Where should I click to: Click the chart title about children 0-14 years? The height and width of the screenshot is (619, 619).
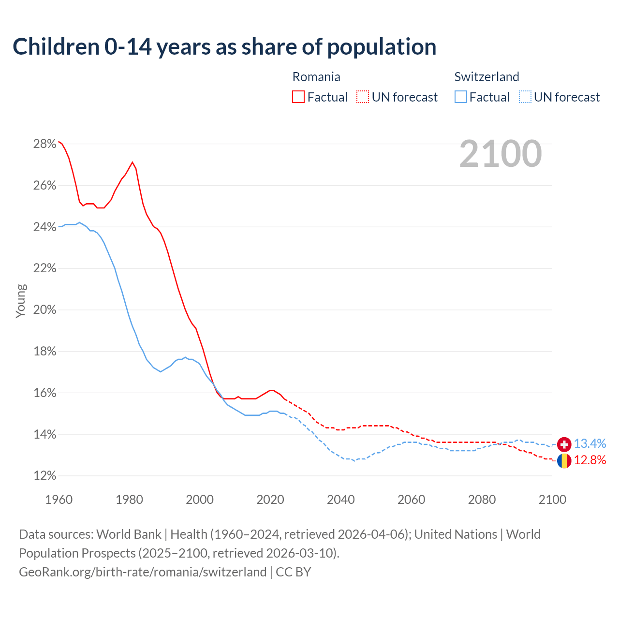click(224, 47)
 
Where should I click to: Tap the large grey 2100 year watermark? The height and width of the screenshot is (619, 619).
click(501, 154)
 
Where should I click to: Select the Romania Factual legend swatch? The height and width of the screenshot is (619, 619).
click(298, 97)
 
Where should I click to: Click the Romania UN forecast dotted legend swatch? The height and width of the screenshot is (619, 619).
click(363, 97)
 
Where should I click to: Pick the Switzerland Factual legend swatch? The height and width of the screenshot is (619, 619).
click(461, 97)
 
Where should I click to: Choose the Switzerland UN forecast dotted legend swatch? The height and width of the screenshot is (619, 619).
click(525, 97)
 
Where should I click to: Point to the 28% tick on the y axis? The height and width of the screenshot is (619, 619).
click(44, 144)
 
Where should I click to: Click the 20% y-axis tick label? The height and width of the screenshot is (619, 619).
click(44, 310)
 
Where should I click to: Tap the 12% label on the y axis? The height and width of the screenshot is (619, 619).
click(44, 476)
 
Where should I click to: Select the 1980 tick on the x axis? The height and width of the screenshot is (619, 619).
click(129, 500)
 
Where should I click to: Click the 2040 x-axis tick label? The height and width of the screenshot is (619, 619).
click(340, 500)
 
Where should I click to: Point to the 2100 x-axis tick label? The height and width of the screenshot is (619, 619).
click(552, 500)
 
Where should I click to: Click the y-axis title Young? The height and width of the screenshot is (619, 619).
click(21, 301)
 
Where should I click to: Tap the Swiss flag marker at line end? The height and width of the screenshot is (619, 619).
click(564, 444)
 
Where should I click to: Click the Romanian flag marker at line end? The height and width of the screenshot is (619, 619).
click(564, 461)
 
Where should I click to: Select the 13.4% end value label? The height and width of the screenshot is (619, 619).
click(590, 444)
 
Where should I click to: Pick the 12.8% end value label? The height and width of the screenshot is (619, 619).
click(590, 460)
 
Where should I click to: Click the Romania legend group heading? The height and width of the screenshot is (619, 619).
click(316, 77)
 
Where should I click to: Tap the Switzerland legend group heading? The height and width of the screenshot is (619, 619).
click(486, 77)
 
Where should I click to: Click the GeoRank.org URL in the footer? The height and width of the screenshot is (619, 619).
click(143, 572)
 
